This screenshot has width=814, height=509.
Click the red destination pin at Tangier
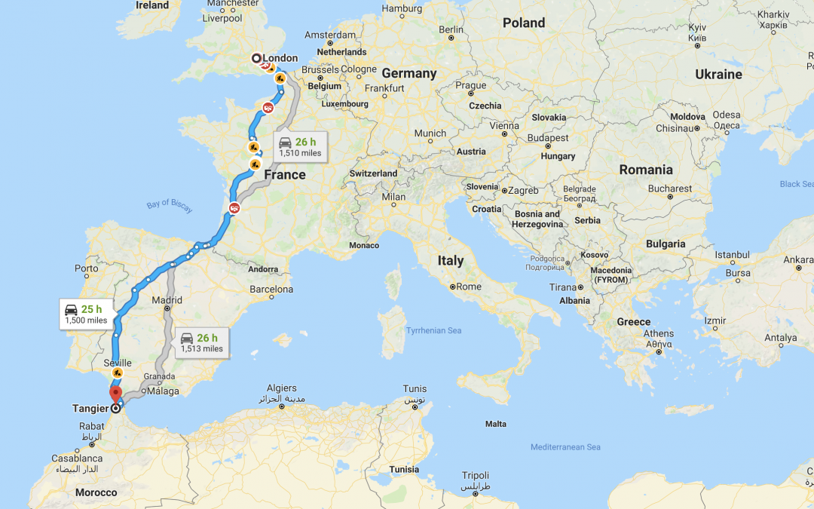(x=115, y=394)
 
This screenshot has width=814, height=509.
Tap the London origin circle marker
(x=256, y=58)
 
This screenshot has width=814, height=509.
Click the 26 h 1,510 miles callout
(x=299, y=146)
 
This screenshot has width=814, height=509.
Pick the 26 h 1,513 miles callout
(x=201, y=343)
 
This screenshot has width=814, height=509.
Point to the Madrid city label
(x=167, y=299)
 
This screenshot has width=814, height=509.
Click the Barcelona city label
(x=271, y=289)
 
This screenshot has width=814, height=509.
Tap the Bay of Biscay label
(x=170, y=207)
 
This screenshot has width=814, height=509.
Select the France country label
(x=285, y=175)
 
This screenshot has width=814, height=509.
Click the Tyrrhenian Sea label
(x=433, y=330)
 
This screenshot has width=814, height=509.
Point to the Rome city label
(x=469, y=287)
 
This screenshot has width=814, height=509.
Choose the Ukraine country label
(x=718, y=74)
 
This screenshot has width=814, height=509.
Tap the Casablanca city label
(x=77, y=458)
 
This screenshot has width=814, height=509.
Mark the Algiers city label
(x=281, y=388)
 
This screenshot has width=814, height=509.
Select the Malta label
(x=496, y=424)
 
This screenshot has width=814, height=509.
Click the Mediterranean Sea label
(x=565, y=447)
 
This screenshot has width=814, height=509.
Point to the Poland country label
(x=524, y=23)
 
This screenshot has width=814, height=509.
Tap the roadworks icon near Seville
(x=117, y=373)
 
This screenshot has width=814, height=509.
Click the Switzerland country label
(x=373, y=173)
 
